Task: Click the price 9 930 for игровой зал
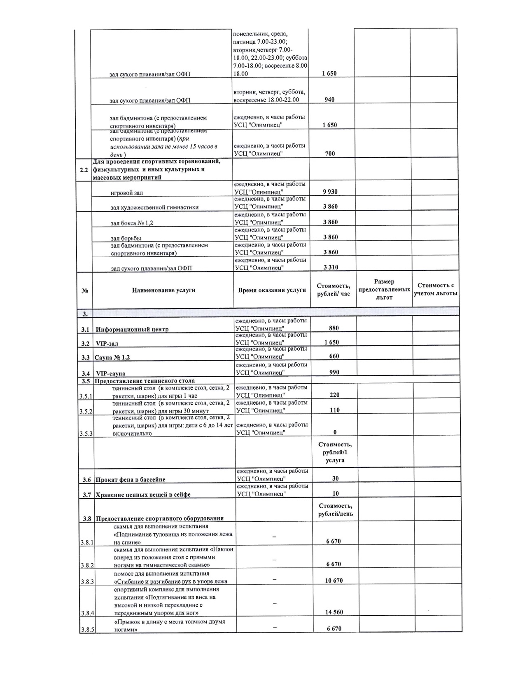[330, 192]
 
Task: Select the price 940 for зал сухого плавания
[329, 99]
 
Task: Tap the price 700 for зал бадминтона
[330, 153]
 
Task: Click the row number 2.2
[84, 169]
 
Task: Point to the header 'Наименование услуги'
[163, 290]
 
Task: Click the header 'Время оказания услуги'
[272, 290]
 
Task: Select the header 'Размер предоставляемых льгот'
[384, 289]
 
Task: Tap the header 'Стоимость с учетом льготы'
[436, 289]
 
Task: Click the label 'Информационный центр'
[132, 329]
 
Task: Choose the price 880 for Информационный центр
[334, 328]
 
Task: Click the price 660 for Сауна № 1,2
[334, 356]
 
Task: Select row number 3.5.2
[86, 411]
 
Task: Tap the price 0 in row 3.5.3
[335, 432]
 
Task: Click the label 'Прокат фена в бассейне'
[131, 480]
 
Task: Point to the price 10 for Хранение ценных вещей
[335, 493]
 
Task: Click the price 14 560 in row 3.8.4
[334, 612]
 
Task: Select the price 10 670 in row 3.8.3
[334, 580]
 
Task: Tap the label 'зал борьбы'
[126, 238]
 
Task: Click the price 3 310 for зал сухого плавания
[331, 267]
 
